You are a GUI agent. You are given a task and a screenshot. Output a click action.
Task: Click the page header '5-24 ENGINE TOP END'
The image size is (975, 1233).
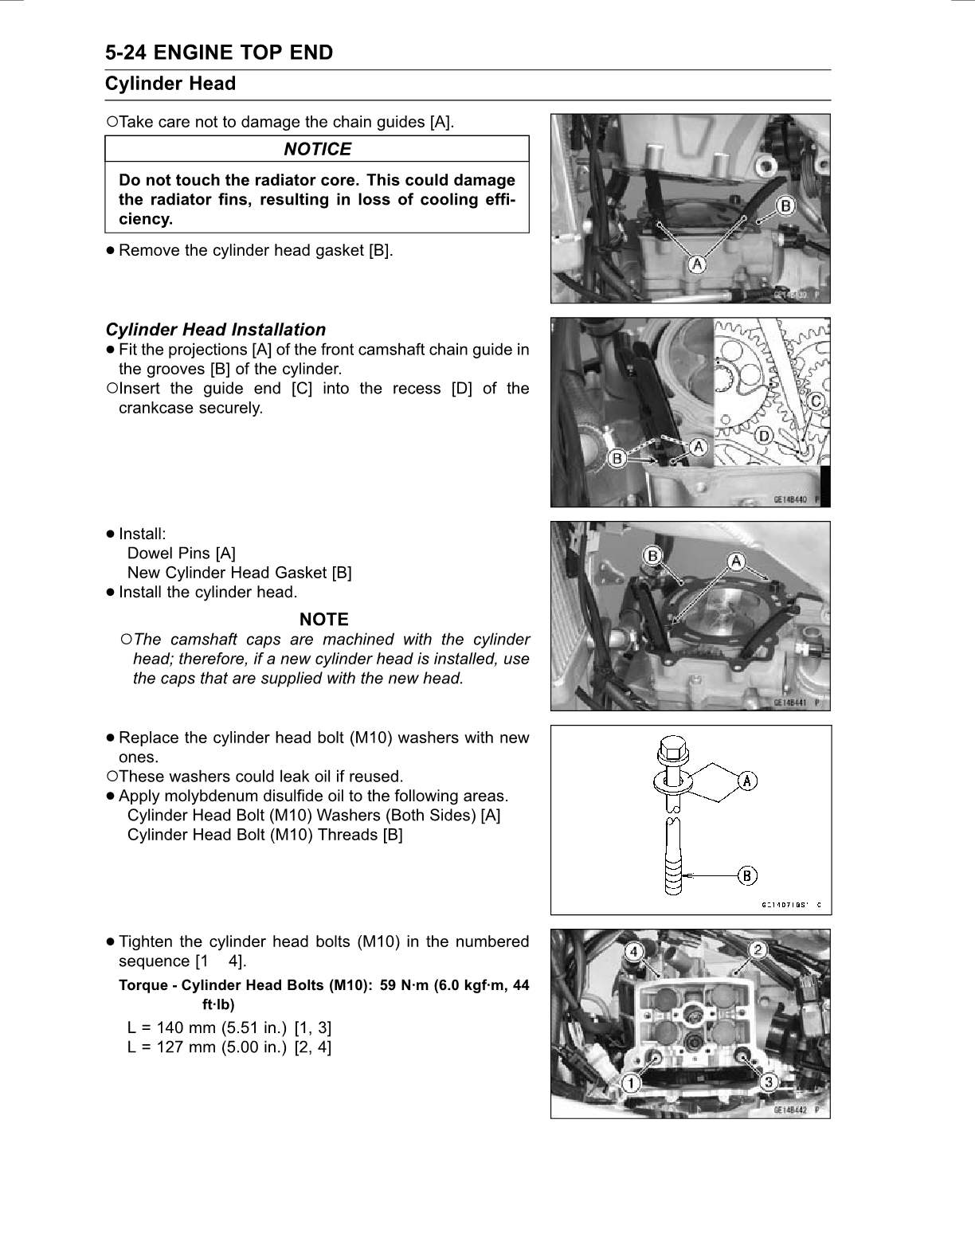click(219, 53)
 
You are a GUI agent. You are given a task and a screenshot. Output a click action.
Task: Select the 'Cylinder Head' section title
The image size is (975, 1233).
click(170, 84)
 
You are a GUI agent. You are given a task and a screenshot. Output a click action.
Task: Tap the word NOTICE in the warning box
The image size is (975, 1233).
click(317, 149)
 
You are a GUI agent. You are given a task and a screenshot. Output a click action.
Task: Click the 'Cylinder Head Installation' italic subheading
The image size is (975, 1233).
click(216, 330)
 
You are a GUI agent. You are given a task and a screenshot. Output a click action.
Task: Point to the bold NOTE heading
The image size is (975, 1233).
click(323, 620)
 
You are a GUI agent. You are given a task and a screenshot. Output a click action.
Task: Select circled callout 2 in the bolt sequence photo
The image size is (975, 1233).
click(758, 949)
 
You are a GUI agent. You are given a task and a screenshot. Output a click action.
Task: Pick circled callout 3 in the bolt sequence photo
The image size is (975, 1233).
click(769, 1082)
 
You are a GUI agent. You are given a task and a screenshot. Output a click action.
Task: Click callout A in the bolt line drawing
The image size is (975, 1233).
click(748, 781)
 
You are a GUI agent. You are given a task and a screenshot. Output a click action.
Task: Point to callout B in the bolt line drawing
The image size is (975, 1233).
click(748, 876)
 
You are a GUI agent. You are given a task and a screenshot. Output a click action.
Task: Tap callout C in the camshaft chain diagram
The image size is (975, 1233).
click(816, 402)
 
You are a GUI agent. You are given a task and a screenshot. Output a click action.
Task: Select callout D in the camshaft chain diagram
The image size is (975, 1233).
click(764, 436)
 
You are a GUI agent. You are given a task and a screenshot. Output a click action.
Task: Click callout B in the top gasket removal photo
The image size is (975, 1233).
click(785, 206)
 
